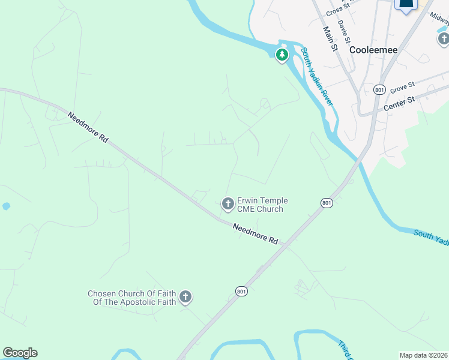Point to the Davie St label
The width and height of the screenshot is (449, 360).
(344, 31)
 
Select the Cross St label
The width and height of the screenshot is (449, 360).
(338, 8)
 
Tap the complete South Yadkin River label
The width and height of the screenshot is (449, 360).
(318, 77)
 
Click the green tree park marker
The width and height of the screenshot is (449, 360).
(282, 55)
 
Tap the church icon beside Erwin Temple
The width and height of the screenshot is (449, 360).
(228, 204)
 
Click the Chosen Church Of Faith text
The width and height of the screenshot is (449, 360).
(132, 298)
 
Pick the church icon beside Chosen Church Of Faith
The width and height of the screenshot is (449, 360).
(185, 296)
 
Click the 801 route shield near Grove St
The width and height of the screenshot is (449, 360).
(379, 89)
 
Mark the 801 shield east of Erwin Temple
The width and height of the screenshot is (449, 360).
(326, 203)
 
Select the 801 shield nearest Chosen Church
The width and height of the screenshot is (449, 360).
(241, 292)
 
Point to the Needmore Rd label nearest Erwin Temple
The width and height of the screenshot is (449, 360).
(256, 233)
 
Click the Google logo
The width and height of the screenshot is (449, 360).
(20, 353)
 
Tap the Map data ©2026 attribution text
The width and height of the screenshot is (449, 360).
(424, 355)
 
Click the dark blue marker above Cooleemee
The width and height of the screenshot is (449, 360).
(406, 5)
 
